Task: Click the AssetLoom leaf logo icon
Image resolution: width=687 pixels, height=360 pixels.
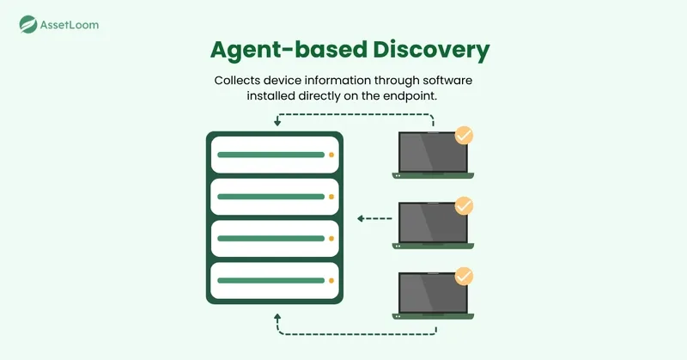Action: (x=28, y=25)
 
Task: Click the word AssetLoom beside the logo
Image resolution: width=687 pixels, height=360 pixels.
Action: (x=70, y=25)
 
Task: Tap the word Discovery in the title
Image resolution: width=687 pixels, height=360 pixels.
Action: (x=431, y=50)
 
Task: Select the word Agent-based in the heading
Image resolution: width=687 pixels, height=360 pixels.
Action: (x=289, y=49)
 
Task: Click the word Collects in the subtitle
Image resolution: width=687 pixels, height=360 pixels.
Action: (x=234, y=81)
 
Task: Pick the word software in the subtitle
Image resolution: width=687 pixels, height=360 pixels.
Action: (x=447, y=81)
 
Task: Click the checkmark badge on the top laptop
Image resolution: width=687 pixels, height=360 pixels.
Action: (x=464, y=136)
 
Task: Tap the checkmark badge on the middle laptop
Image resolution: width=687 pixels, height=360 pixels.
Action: (x=464, y=205)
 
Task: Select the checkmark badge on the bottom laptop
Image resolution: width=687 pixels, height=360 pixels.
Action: (x=464, y=277)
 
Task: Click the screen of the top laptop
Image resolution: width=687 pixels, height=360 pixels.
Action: (x=433, y=152)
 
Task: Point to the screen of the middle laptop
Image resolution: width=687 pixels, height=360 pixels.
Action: (x=433, y=223)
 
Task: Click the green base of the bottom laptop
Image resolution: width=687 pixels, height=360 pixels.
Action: (x=433, y=316)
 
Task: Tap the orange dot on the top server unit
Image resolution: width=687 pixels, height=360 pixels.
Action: (x=331, y=155)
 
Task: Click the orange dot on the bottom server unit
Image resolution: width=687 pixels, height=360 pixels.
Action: (x=331, y=281)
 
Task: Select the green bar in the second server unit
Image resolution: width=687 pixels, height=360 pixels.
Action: (x=271, y=197)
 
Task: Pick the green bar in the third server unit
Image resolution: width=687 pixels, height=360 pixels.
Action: (x=271, y=239)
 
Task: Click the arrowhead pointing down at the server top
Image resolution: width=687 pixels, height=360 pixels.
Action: (x=277, y=123)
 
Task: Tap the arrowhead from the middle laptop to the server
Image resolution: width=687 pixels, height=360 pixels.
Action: (x=361, y=218)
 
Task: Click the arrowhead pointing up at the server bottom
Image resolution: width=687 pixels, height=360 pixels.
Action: (x=277, y=317)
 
